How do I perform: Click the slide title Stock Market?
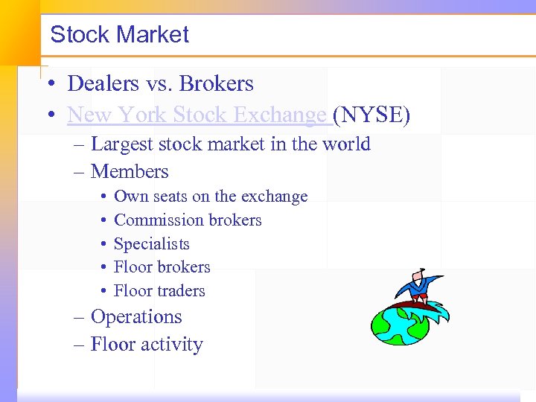(x=119, y=35)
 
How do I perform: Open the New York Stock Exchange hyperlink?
(x=197, y=115)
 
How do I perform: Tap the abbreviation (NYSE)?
(x=371, y=115)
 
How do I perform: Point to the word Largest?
(x=123, y=144)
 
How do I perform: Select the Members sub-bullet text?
(x=130, y=172)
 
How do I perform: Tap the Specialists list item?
(x=152, y=244)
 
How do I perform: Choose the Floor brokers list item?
(x=162, y=267)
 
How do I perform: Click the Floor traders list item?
(x=159, y=291)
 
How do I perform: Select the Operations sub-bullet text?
(x=136, y=317)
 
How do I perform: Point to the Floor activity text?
(x=147, y=345)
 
